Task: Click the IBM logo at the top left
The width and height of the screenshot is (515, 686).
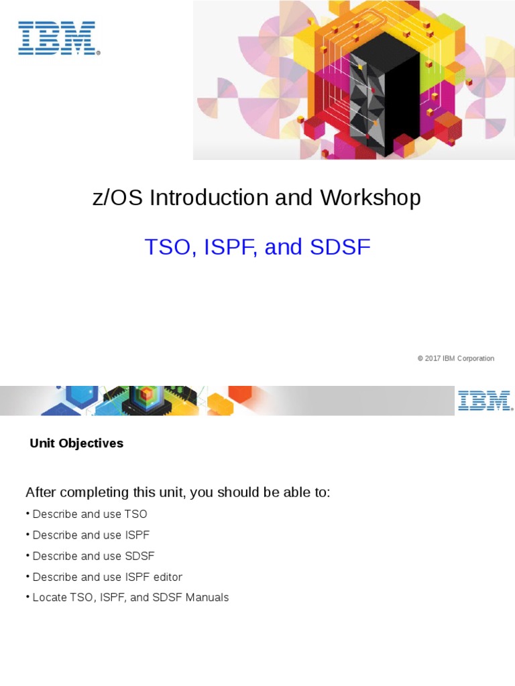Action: (x=59, y=38)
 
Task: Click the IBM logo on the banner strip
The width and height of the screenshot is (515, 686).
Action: (x=485, y=401)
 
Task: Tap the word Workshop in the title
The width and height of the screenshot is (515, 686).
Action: (x=370, y=198)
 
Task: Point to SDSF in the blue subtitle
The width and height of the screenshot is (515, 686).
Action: (x=340, y=247)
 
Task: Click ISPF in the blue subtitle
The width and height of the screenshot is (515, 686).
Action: (x=228, y=247)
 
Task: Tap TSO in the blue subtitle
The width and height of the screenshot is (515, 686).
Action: (x=168, y=247)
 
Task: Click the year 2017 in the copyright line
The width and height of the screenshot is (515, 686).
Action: (x=433, y=358)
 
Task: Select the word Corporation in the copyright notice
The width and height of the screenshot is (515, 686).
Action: (x=475, y=358)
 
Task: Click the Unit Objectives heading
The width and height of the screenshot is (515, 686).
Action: (x=76, y=443)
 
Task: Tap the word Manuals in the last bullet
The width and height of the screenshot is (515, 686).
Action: (x=205, y=598)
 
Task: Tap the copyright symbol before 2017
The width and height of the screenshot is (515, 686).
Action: (x=420, y=358)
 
